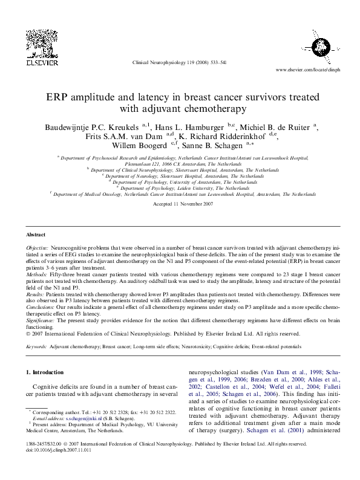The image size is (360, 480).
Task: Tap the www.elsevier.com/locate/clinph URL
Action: click(x=307, y=70)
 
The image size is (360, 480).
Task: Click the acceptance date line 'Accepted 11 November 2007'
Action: click(x=180, y=205)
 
